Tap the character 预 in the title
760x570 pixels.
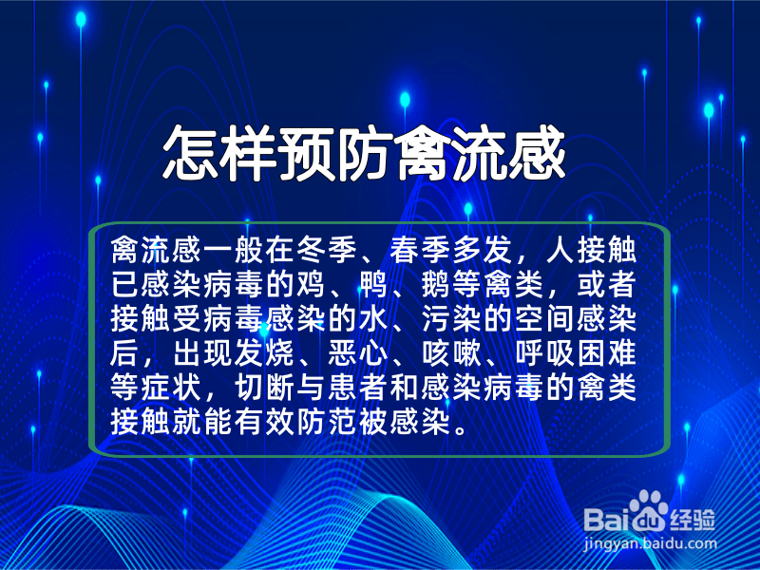(306, 154)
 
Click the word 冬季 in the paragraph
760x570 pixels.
(328, 250)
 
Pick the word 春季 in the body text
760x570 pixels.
(421, 250)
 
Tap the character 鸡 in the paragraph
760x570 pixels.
(312, 285)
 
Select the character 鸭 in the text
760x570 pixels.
(373, 285)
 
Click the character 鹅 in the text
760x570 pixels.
(436, 285)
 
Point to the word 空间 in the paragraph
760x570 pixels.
(544, 319)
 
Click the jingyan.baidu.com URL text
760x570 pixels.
(650, 543)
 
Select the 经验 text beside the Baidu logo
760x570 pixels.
(693, 520)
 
